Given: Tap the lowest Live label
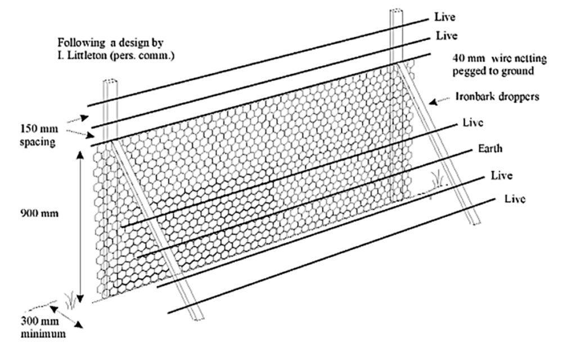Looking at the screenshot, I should (515, 199).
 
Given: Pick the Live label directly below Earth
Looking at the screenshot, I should (502, 175).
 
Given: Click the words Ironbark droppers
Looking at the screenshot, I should (497, 96).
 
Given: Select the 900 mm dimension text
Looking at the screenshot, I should (40, 214).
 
